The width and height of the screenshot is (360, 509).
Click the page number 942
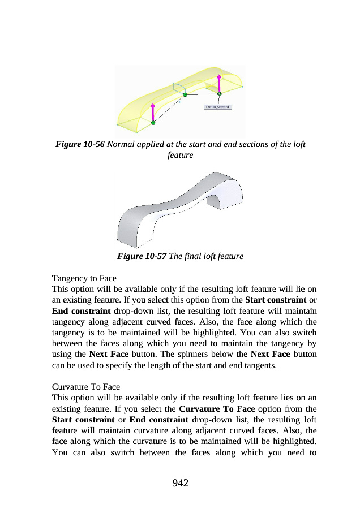pyautogui.click(x=180, y=482)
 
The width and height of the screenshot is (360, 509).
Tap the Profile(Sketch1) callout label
pyautogui.click(x=218, y=106)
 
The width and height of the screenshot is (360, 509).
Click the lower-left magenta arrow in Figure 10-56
pyautogui.click(x=153, y=113)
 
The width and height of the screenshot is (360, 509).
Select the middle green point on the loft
pyautogui.click(x=185, y=95)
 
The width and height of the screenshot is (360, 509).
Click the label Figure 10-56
pyautogui.click(x=80, y=144)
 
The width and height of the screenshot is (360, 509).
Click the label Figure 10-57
pyautogui.click(x=142, y=256)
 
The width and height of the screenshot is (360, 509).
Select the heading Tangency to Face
pyautogui.click(x=84, y=278)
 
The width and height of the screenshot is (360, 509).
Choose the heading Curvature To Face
pyautogui.click(x=86, y=387)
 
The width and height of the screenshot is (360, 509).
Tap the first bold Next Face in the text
pyautogui.click(x=107, y=355)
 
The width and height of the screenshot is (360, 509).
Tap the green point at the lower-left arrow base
pyautogui.click(x=153, y=123)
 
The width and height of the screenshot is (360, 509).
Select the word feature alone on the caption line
pyautogui.click(x=180, y=154)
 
